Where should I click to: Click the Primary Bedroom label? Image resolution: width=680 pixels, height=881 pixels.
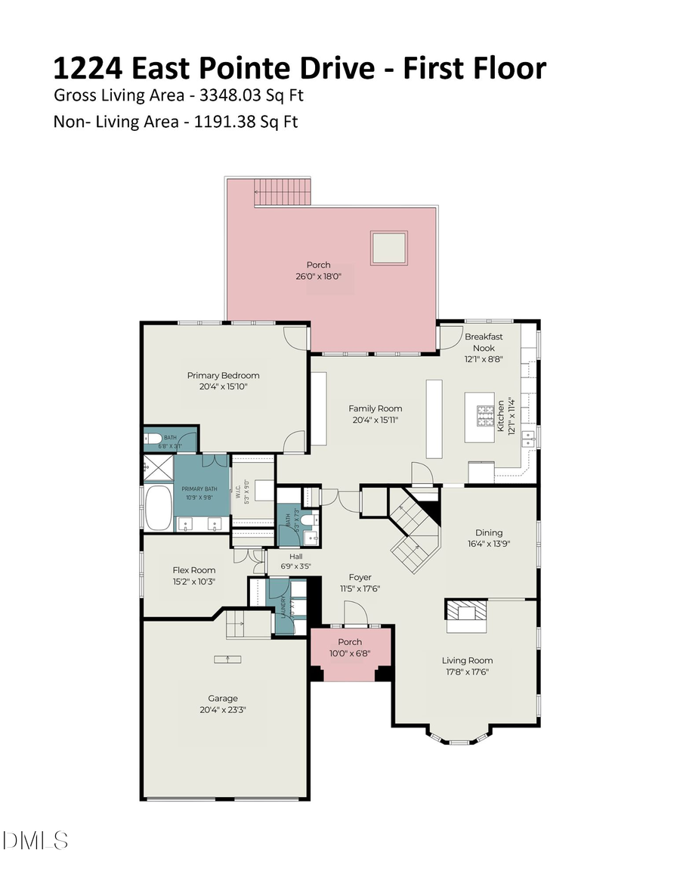pyautogui.click(x=223, y=375)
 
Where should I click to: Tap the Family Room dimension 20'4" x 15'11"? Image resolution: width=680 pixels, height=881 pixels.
pyautogui.click(x=375, y=420)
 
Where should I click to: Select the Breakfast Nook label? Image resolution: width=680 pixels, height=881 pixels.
pyautogui.click(x=484, y=342)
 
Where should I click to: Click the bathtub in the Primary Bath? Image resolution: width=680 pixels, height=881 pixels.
pyautogui.click(x=159, y=507)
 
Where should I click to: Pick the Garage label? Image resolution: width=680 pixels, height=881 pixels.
pyautogui.click(x=223, y=698)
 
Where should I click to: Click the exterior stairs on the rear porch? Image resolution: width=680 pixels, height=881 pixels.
pyautogui.click(x=282, y=191)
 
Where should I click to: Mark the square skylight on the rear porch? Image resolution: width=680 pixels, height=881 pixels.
pyautogui.click(x=388, y=247)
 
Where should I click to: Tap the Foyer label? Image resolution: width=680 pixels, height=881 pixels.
pyautogui.click(x=360, y=577)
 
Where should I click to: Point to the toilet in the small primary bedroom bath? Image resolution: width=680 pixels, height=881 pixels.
pyautogui.click(x=153, y=439)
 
